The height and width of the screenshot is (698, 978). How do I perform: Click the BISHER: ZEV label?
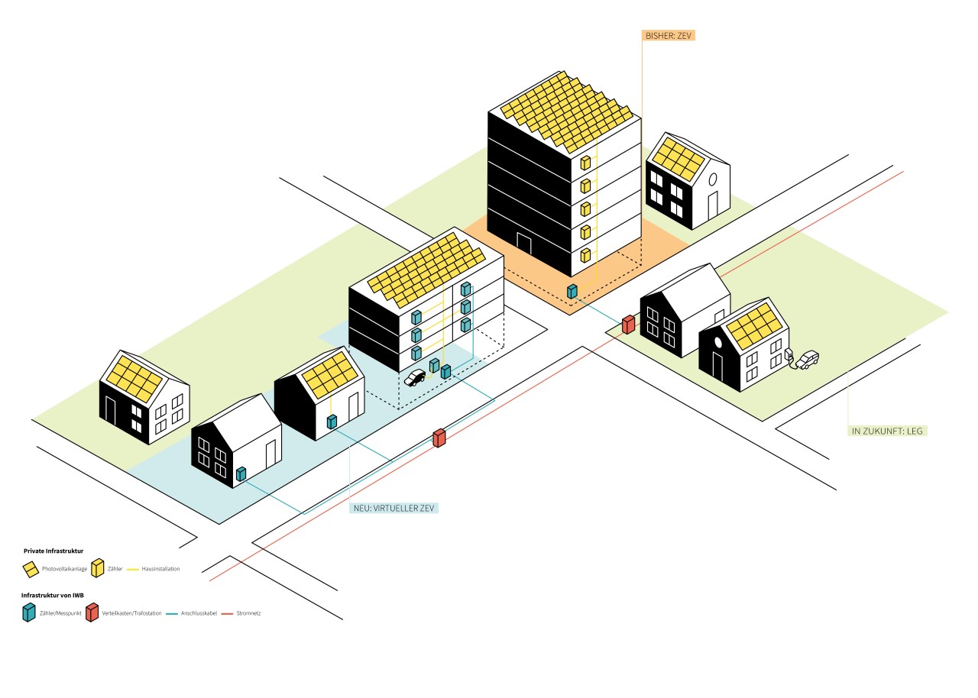(669, 35)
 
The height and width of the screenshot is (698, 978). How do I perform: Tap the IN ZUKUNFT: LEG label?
(889, 431)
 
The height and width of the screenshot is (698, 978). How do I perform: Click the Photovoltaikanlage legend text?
(64, 569)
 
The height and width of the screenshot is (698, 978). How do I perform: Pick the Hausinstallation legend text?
(160, 569)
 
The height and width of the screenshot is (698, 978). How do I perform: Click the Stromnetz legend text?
(250, 613)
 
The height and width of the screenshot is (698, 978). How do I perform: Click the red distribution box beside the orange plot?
(628, 325)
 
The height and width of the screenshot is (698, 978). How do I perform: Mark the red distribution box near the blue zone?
(439, 438)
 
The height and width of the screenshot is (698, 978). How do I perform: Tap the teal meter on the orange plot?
(572, 291)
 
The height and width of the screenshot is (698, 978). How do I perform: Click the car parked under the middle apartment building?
(414, 377)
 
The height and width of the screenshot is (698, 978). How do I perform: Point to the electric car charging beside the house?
(806, 359)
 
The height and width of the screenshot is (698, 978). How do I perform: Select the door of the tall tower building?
(524, 243)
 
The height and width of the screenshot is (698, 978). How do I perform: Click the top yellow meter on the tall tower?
(585, 163)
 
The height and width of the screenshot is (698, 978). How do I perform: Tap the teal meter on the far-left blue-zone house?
(241, 474)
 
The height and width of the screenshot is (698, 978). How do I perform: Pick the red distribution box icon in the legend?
(91, 612)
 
